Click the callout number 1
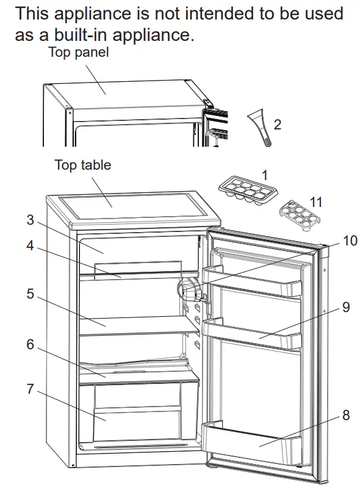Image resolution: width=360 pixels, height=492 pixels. pos(264,175)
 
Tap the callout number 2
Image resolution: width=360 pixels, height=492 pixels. pos(278,125)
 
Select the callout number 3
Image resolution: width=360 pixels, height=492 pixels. pos(30,220)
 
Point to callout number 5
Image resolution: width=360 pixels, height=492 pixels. pos(30,294)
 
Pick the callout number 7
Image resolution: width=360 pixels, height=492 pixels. pos(30,389)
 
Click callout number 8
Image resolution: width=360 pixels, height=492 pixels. pos(346,415)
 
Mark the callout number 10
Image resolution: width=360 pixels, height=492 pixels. pos(349,241)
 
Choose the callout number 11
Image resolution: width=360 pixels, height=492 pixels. pos(315,202)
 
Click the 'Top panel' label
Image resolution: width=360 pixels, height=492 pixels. pos(78,52)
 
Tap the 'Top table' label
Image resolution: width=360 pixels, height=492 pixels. pos(83,165)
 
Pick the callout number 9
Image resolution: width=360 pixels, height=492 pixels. pos(346,307)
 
